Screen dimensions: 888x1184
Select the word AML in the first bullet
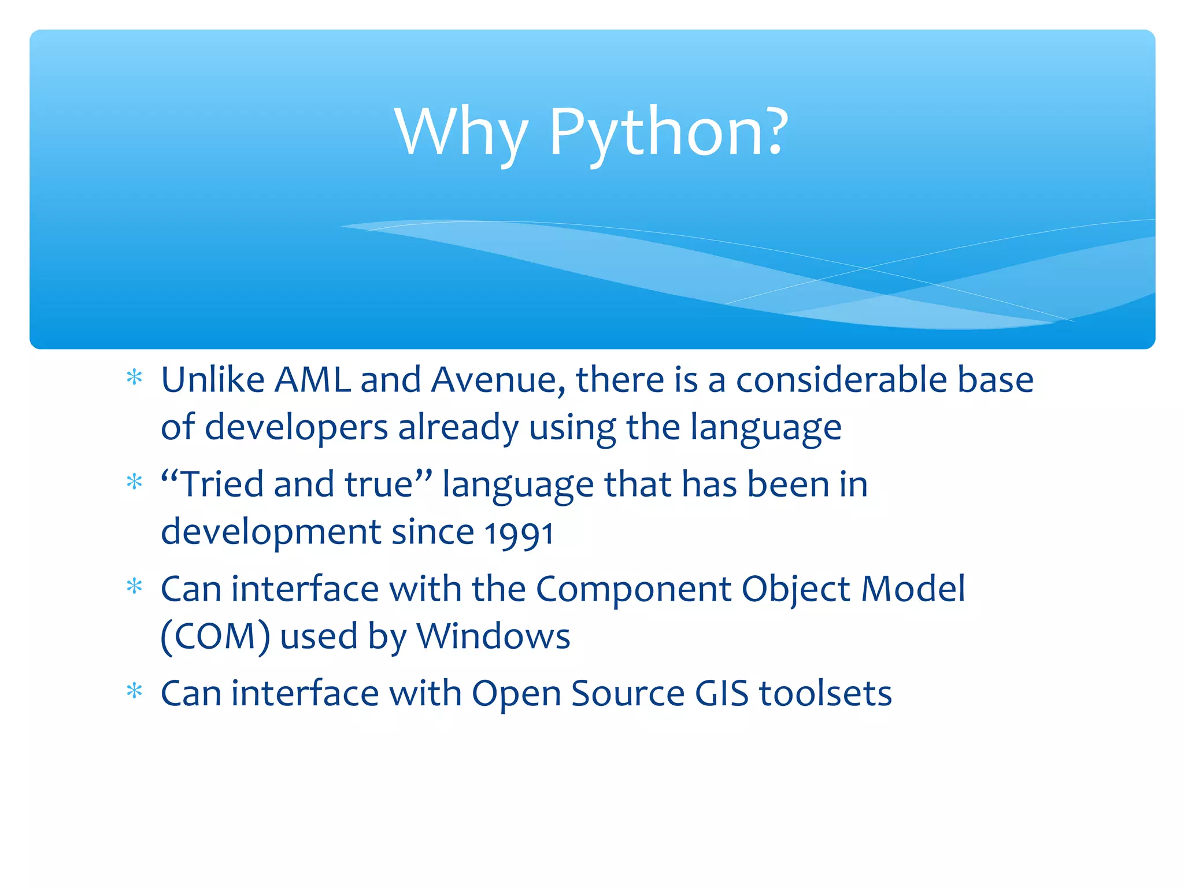(312, 380)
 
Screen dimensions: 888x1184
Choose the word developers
(296, 428)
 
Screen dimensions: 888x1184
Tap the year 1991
(519, 533)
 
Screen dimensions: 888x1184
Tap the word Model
(913, 589)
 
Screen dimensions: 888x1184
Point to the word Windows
(493, 637)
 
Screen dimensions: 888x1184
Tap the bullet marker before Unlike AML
(134, 378)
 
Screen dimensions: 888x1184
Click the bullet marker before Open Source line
(134, 691)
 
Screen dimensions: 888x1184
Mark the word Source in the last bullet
(628, 694)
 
